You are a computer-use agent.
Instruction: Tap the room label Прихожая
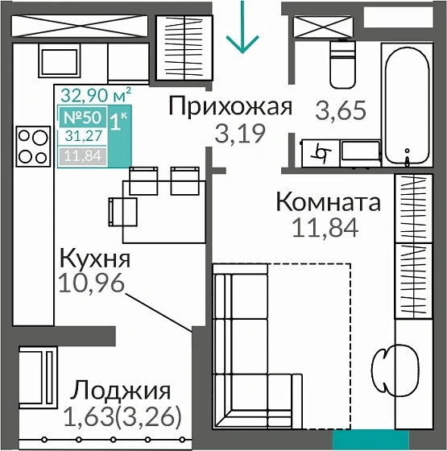tap(229, 106)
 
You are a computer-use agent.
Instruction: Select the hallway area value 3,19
tap(239, 133)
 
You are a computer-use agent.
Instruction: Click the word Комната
tap(328, 202)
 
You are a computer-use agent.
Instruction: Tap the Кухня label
tap(95, 259)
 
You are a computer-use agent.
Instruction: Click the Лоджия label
tap(120, 391)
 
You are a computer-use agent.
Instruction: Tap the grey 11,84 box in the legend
tap(81, 155)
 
